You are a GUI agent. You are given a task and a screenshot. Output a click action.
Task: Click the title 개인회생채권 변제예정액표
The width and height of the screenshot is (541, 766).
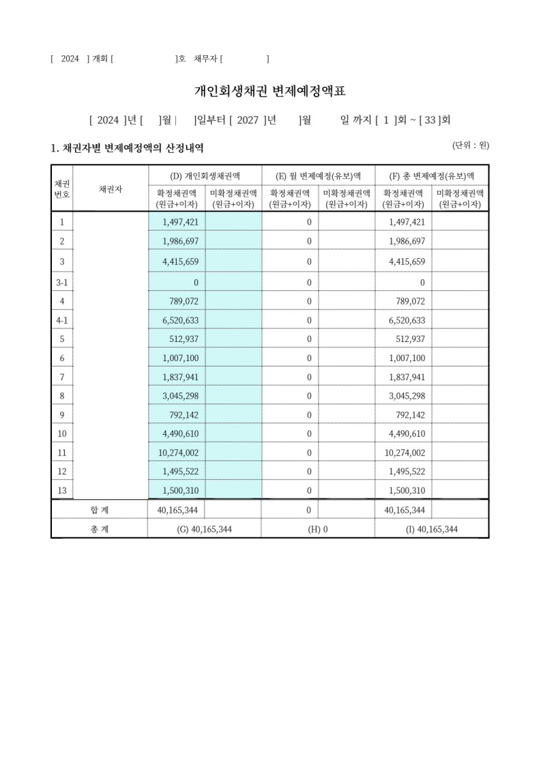point(270,91)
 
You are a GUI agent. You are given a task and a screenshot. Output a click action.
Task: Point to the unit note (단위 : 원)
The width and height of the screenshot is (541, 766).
point(471,145)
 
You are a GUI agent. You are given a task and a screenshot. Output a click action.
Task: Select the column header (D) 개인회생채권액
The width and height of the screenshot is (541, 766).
point(205,175)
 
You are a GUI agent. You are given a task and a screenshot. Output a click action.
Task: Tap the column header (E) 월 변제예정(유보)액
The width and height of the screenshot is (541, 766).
point(318,175)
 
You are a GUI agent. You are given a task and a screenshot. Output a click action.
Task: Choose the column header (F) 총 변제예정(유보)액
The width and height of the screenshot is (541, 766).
point(431,175)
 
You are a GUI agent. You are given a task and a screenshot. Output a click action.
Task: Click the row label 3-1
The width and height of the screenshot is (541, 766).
point(62,282)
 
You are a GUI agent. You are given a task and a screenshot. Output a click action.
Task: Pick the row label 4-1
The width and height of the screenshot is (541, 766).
point(62,320)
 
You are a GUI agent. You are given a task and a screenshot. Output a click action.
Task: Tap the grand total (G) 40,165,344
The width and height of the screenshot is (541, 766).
point(205,529)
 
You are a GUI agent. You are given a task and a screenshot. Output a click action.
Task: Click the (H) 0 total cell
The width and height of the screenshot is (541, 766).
point(318,529)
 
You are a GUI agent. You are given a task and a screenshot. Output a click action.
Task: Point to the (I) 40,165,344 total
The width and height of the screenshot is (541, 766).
point(431,529)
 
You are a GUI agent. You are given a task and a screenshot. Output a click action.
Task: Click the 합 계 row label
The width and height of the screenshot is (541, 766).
point(99,510)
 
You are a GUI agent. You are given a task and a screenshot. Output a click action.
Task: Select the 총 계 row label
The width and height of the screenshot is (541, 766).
point(99,529)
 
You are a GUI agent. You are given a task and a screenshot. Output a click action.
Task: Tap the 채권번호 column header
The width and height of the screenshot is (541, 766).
point(62,189)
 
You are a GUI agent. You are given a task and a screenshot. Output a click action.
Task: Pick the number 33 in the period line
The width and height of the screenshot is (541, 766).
point(430,121)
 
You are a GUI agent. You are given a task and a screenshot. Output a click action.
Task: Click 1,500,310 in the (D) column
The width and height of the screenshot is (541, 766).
point(180,490)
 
